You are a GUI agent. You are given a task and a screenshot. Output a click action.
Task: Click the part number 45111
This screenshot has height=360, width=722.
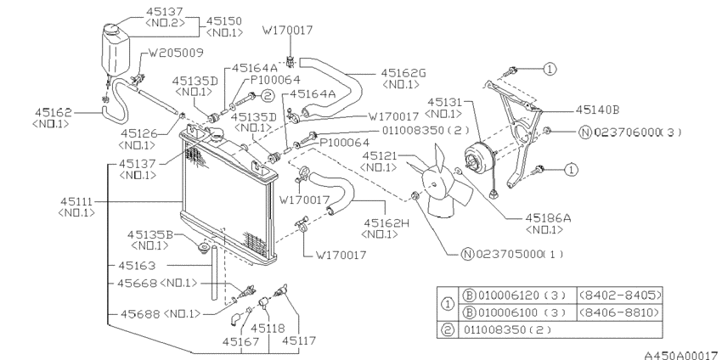tap(76, 202)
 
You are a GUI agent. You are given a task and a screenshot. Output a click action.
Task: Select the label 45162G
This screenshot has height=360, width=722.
tap(403, 73)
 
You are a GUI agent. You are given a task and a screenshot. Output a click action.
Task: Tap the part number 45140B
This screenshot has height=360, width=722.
tap(597, 110)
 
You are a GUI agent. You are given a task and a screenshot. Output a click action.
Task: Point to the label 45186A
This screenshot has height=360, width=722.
tap(548, 217)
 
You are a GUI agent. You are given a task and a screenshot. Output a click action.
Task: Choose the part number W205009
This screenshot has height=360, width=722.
tap(176, 53)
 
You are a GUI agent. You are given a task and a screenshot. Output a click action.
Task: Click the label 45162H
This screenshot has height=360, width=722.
tap(386, 222)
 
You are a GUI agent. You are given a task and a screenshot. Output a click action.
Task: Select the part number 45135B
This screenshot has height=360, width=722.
tap(150, 235)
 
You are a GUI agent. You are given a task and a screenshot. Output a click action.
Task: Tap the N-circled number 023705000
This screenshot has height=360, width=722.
tap(512, 254)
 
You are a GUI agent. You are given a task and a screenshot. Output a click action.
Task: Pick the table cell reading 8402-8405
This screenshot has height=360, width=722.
tap(620, 295)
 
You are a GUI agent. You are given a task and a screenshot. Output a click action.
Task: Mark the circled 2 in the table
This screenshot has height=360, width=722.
tap(448, 329)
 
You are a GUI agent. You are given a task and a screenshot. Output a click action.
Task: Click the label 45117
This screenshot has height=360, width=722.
tap(299, 340)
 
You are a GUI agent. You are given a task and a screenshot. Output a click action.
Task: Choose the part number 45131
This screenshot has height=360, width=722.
tap(444, 102)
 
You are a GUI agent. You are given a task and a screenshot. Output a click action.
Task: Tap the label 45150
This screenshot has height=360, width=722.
tap(224, 21)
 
